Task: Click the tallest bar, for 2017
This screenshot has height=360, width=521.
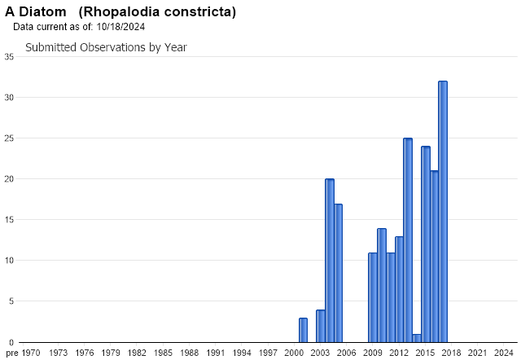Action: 443,212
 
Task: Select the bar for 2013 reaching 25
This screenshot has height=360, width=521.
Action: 408,240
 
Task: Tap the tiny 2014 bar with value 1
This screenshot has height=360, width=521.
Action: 417,338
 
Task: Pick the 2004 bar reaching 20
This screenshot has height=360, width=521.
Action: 330,261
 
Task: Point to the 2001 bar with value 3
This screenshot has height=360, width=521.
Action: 303,330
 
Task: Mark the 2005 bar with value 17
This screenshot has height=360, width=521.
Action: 338,273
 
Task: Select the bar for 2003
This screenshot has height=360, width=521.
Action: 321,326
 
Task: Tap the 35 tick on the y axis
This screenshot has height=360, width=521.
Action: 8,56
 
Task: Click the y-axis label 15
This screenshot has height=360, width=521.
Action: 8,220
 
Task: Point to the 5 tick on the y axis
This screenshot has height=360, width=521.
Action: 11,301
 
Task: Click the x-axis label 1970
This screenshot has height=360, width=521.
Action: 30,353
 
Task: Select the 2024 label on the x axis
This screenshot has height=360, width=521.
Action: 504,353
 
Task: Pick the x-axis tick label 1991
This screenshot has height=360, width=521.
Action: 215,353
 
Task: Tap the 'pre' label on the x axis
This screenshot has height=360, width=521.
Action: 10,353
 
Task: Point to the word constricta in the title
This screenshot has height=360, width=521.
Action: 199,12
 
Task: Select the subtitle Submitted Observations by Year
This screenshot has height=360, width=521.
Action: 106,47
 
